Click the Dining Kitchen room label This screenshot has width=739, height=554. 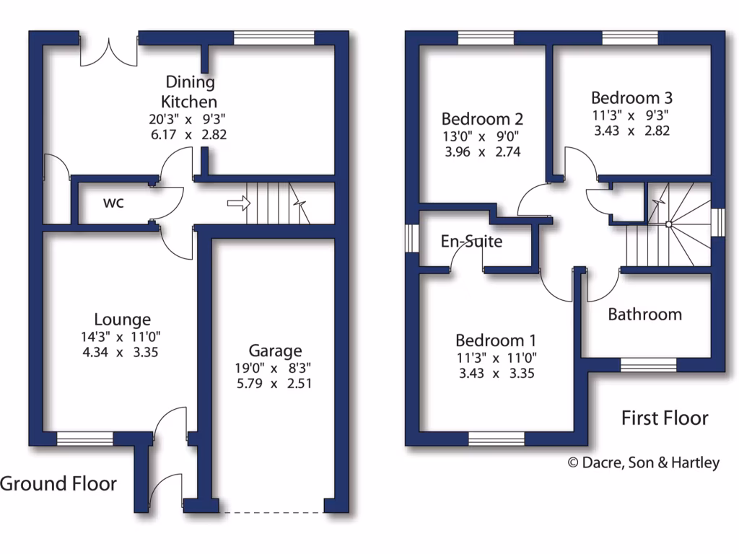[x=189, y=92]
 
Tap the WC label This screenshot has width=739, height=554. [x=113, y=203]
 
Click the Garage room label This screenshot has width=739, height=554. [x=275, y=351]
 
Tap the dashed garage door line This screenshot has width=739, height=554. [x=274, y=513]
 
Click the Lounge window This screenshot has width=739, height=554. [x=85, y=438]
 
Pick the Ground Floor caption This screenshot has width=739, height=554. [x=58, y=483]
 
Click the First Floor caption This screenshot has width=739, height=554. [x=665, y=418]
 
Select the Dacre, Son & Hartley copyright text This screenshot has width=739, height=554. [x=644, y=463]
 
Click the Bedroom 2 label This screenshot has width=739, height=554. [x=482, y=118]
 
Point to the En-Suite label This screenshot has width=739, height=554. [x=471, y=241]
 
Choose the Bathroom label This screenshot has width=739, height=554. [x=644, y=314]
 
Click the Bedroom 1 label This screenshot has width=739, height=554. [x=495, y=340]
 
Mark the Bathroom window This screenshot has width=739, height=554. [x=649, y=366]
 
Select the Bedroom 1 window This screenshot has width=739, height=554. [x=496, y=438]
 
